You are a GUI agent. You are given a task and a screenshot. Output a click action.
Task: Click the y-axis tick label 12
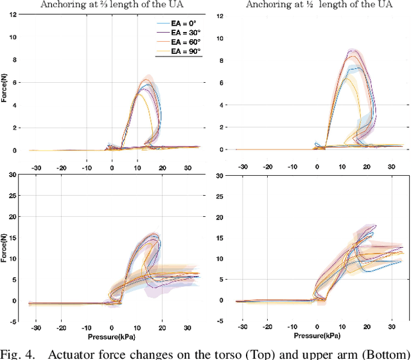[220, 15]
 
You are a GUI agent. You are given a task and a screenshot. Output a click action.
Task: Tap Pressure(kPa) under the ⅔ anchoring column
[112, 334]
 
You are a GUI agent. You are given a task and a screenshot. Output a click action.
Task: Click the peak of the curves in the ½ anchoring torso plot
[351, 51]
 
